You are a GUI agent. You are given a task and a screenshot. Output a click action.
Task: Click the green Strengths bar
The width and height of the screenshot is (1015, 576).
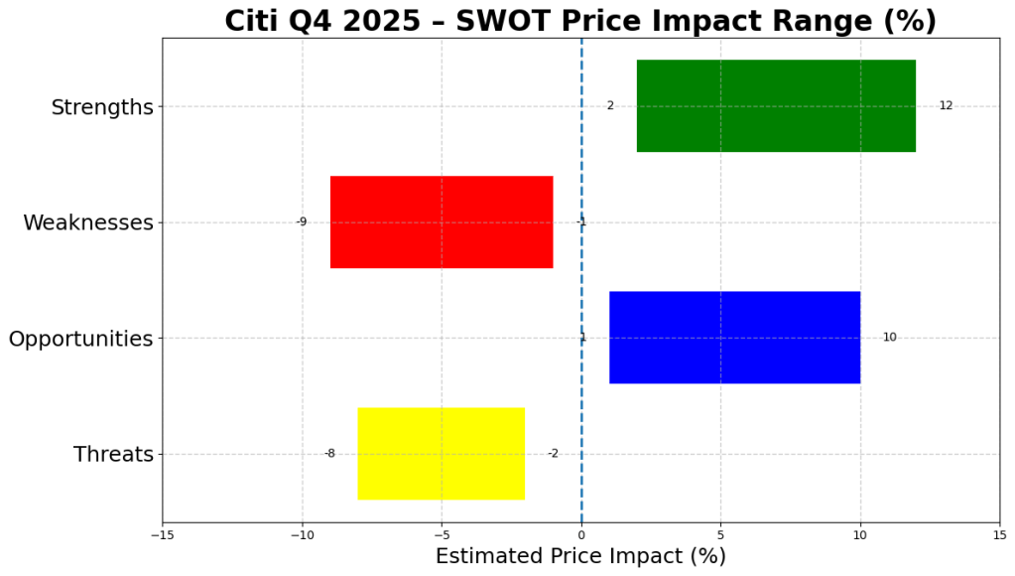pos(776,105)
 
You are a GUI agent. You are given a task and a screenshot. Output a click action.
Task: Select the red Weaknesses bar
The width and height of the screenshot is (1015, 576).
pos(442,221)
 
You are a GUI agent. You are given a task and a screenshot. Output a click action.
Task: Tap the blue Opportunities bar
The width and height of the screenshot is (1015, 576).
pos(734,338)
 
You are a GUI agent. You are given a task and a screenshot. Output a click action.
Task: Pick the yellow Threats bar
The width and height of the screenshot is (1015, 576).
pos(442,454)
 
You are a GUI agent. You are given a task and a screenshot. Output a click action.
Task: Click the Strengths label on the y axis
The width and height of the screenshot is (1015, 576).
pos(102,107)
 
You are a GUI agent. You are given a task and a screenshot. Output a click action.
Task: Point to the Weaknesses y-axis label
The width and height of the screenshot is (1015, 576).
pos(88,222)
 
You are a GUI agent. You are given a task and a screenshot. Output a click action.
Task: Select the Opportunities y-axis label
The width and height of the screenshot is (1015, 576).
pos(80,339)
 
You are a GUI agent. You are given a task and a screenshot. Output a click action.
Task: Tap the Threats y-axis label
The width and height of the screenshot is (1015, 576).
pos(113,455)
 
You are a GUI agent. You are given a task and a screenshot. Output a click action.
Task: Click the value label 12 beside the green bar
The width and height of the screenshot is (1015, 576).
pos(946,105)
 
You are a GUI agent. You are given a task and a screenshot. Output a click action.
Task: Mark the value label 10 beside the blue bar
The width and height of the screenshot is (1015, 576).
pos(889,338)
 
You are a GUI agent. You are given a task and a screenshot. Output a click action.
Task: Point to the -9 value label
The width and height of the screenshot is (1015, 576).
pos(301,221)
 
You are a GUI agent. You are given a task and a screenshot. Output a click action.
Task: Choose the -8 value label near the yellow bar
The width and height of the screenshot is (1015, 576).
pos(329,454)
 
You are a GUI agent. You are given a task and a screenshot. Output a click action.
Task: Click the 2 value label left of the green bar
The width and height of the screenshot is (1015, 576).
pos(610,105)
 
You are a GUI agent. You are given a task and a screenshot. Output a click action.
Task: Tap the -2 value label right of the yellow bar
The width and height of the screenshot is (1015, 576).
pos(553,454)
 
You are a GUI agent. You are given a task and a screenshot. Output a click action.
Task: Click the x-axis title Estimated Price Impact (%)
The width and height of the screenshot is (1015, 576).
pos(580,556)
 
